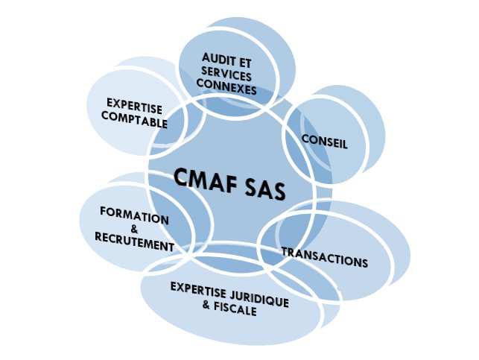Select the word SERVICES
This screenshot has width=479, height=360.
[x=227, y=77]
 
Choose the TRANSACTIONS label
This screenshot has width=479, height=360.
[x=324, y=257]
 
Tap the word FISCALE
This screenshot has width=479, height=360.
[x=235, y=309]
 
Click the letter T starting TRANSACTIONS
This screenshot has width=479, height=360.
[x=285, y=250]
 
